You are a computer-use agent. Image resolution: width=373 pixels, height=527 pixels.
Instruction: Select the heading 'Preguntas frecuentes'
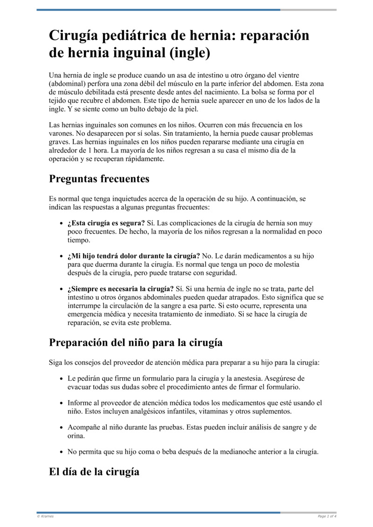coord(99,179)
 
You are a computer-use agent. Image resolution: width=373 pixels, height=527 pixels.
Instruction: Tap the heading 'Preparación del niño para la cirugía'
coord(136,342)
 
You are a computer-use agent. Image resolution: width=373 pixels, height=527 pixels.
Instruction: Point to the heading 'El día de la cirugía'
coord(94,471)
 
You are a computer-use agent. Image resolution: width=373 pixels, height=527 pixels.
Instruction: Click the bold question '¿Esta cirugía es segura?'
coord(106,223)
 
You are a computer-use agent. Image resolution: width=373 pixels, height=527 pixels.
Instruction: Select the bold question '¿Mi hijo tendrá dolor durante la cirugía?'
coord(133,256)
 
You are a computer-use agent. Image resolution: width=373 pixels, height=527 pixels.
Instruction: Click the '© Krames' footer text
coord(45,516)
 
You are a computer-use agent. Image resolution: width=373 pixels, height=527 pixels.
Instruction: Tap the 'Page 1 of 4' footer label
coord(327,516)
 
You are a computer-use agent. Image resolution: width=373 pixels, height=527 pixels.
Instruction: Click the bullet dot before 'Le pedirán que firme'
coord(62,379)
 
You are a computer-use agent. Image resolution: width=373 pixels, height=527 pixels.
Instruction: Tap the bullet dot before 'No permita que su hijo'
coord(62,452)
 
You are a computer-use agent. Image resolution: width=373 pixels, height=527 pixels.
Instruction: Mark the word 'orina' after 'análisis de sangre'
coord(76,436)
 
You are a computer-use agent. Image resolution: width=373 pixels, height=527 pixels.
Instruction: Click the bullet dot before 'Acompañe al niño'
coord(62,428)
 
